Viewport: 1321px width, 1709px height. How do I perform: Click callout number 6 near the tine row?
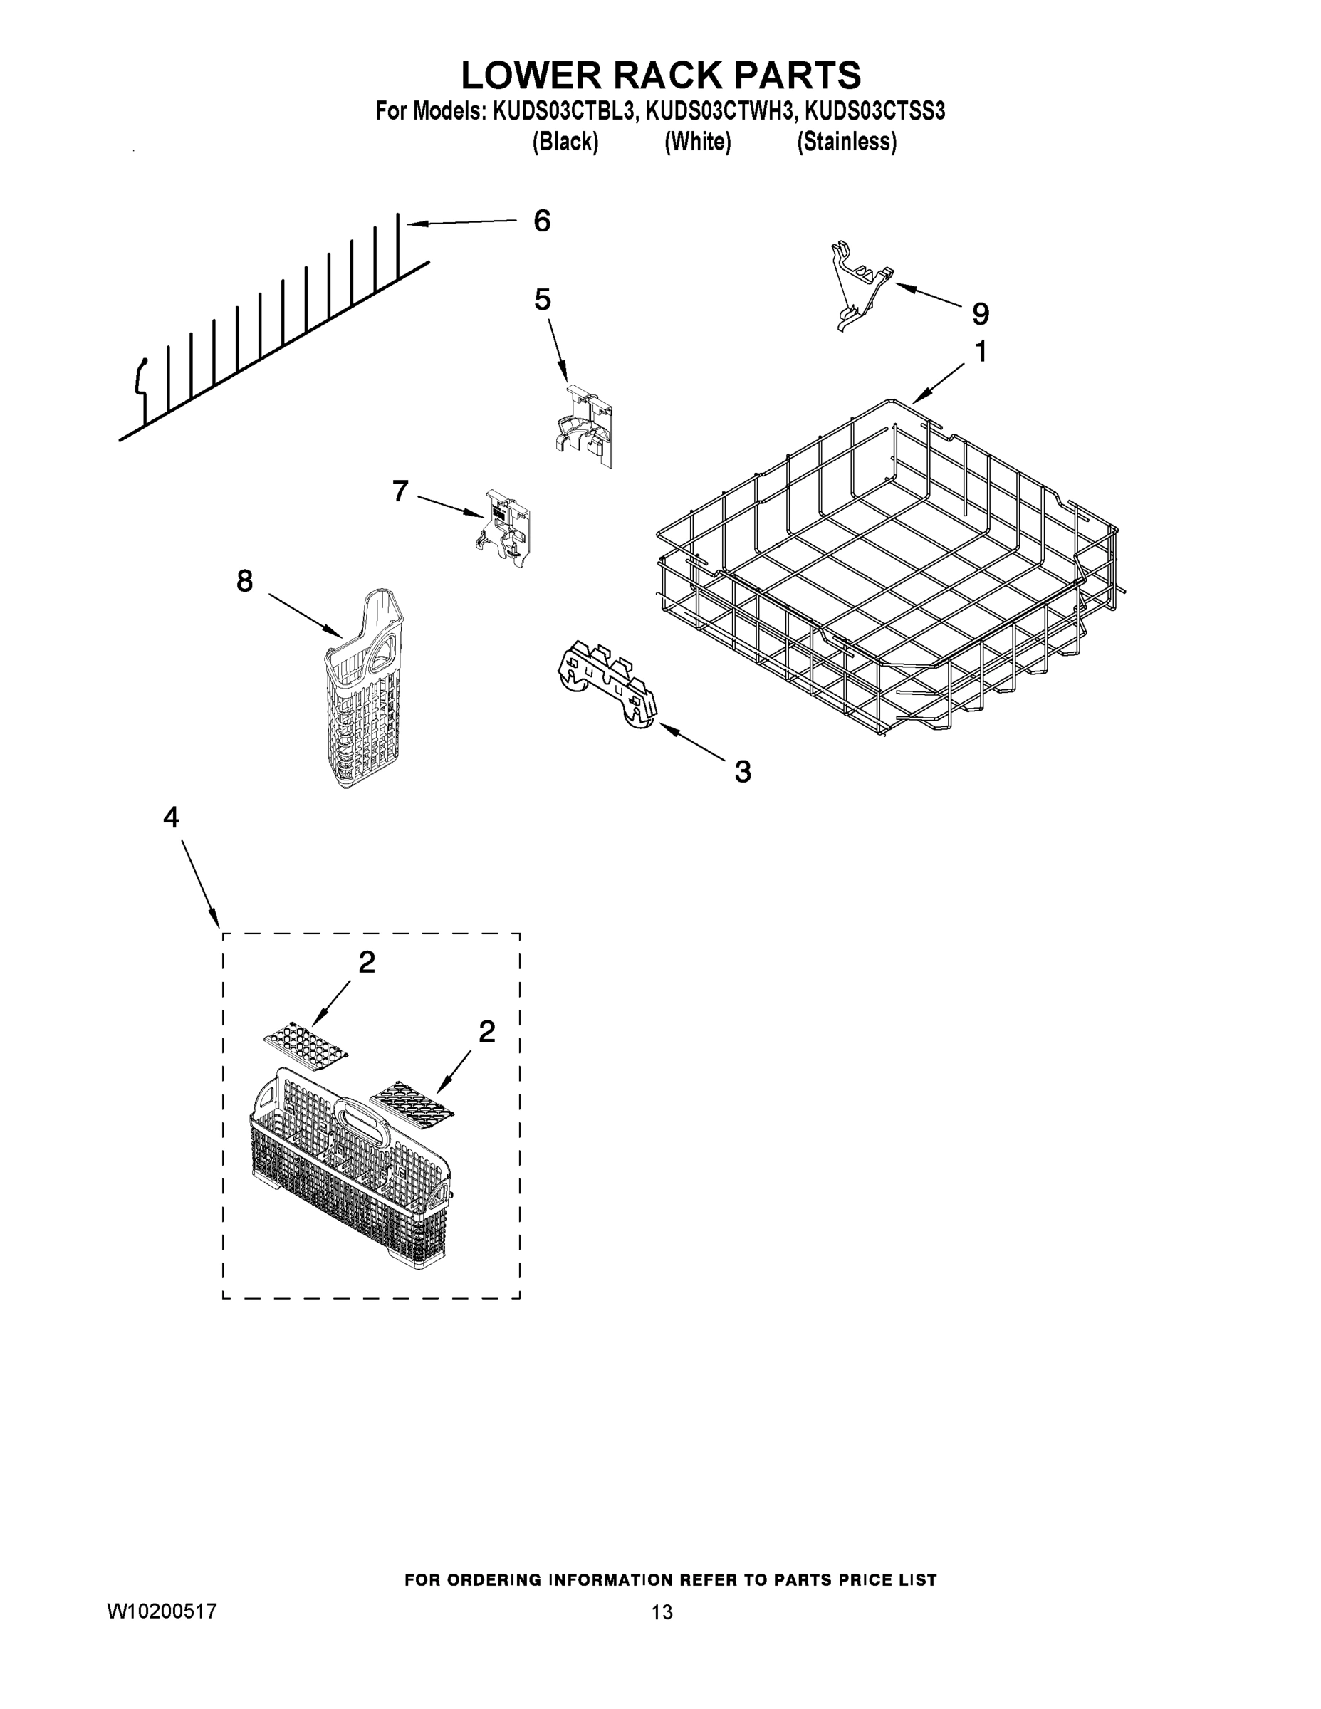point(541,221)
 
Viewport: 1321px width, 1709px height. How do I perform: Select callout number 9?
point(980,314)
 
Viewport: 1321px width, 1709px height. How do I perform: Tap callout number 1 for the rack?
point(980,352)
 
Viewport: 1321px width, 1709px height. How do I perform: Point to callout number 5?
point(543,300)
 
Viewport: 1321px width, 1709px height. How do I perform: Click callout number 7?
point(400,491)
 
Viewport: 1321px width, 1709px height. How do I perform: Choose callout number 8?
point(245,580)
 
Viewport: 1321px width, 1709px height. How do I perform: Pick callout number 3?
point(742,772)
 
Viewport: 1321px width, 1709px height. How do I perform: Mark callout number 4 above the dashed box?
point(172,817)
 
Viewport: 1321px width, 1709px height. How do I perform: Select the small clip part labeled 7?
point(504,528)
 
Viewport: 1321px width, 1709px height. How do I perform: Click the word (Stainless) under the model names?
point(846,142)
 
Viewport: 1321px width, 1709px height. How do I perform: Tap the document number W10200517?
point(161,1611)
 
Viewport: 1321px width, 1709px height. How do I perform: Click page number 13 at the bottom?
point(662,1612)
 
